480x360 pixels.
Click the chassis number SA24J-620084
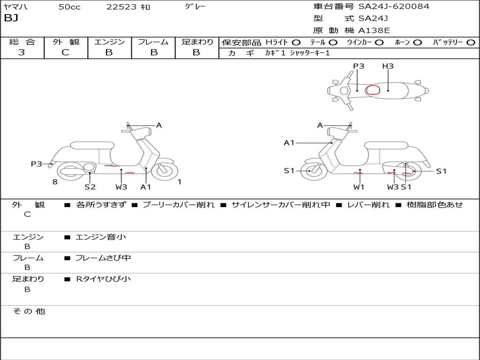[394, 7]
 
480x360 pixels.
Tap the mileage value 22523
[122, 7]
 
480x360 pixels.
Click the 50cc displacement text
[69, 7]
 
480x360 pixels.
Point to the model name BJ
[11, 19]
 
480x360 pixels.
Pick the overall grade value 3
[22, 52]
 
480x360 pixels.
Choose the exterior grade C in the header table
[65, 52]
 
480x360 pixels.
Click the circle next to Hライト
[296, 42]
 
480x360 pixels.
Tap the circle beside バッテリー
[471, 42]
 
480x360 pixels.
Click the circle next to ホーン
[418, 42]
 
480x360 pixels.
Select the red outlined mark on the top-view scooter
[373, 90]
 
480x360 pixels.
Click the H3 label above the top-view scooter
[388, 66]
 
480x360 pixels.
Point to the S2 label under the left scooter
[90, 187]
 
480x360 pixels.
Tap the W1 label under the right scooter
[359, 187]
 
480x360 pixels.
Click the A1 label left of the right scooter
[289, 142]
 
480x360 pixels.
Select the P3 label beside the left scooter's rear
[37, 164]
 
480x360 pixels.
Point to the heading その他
[29, 311]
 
